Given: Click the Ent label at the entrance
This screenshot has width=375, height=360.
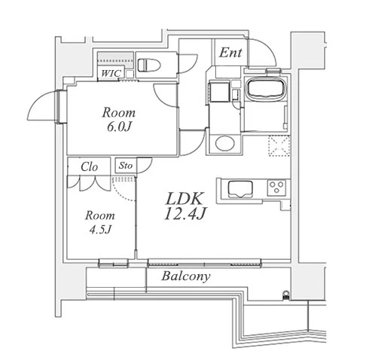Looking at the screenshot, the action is pyautogui.click(x=230, y=53).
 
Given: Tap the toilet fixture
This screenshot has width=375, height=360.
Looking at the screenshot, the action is pyautogui.click(x=149, y=65).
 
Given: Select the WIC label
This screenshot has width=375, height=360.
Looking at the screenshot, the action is pyautogui.click(x=111, y=73).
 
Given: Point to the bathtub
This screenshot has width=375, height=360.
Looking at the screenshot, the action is pyautogui.click(x=267, y=89).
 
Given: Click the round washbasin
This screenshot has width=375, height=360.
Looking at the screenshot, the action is pyautogui.click(x=225, y=143).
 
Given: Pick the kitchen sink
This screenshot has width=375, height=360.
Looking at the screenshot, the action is pyautogui.click(x=240, y=189).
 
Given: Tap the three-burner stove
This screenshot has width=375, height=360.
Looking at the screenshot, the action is pyautogui.click(x=276, y=188).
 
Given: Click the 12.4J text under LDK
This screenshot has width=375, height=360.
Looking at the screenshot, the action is pyautogui.click(x=185, y=214).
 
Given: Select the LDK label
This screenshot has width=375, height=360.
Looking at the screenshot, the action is pyautogui.click(x=184, y=198).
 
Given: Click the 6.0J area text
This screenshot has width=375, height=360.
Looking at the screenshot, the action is pyautogui.click(x=119, y=127).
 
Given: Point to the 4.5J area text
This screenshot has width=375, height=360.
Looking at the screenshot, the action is pyautogui.click(x=100, y=230).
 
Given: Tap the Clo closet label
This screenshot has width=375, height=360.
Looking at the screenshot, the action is pyautogui.click(x=89, y=166).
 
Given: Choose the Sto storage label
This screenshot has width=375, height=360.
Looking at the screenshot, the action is pyautogui.click(x=126, y=166).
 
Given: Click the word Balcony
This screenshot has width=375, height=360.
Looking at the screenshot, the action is pyautogui.click(x=186, y=276).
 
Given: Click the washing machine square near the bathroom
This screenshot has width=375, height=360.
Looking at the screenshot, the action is pyautogui.click(x=219, y=91).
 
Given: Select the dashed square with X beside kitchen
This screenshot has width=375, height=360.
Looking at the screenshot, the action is pyautogui.click(x=279, y=146).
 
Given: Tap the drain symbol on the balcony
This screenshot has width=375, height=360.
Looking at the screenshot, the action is pyautogui.click(x=286, y=294).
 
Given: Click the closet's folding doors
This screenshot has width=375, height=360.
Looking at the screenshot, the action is pyautogui.click(x=88, y=183).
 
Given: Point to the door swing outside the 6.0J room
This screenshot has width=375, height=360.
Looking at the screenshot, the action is pyautogui.click(x=43, y=106).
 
